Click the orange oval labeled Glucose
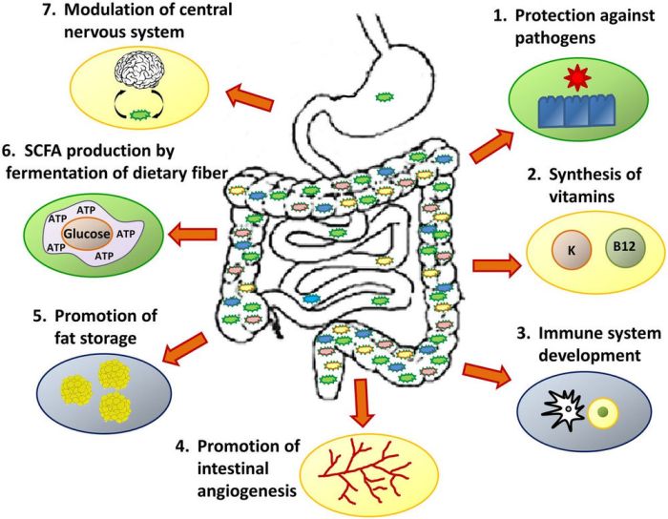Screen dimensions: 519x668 coord(88,232)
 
